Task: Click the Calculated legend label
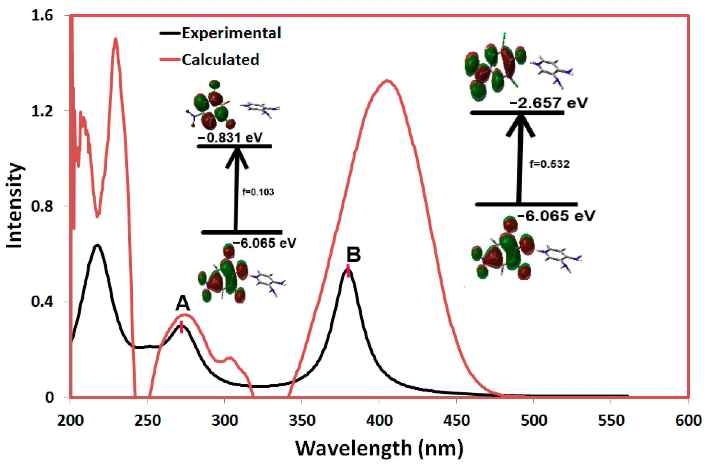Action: (221, 60)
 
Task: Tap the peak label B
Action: (354, 254)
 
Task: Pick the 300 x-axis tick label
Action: (224, 421)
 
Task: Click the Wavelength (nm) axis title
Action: (379, 448)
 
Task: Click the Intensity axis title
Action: (15, 206)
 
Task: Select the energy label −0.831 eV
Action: (230, 138)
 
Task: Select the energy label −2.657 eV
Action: (548, 103)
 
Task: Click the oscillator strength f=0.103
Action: (258, 192)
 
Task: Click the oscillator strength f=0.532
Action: (549, 164)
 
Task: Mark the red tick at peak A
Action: (182, 327)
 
